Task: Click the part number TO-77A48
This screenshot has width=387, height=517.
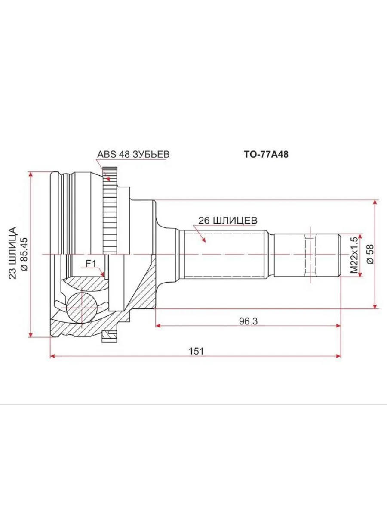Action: coord(266,155)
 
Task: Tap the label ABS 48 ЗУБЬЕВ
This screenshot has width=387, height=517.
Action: coord(133,154)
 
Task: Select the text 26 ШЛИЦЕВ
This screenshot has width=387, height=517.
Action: coord(228,221)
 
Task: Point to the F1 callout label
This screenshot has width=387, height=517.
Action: coord(91,264)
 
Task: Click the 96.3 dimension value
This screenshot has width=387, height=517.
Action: coord(249,321)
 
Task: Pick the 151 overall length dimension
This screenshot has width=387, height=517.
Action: coord(196,352)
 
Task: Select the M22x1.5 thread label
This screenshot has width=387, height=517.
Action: coord(354,255)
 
